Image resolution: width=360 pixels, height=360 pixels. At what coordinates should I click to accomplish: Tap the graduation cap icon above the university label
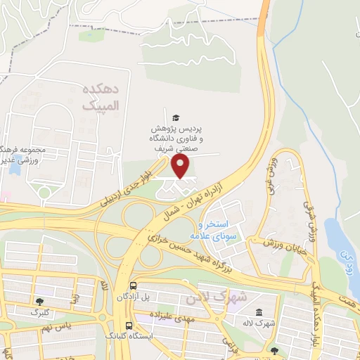click(x=175, y=117)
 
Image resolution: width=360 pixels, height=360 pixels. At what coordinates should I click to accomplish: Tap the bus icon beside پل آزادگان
click(x=133, y=285)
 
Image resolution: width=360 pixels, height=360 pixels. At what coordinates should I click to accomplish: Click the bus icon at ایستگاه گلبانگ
click(x=129, y=326)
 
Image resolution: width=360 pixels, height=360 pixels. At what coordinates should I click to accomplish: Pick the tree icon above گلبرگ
click(x=38, y=301)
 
